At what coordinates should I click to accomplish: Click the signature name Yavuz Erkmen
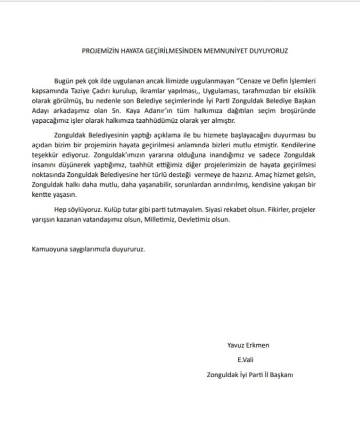248,345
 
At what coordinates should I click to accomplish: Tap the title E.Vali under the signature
246,360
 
